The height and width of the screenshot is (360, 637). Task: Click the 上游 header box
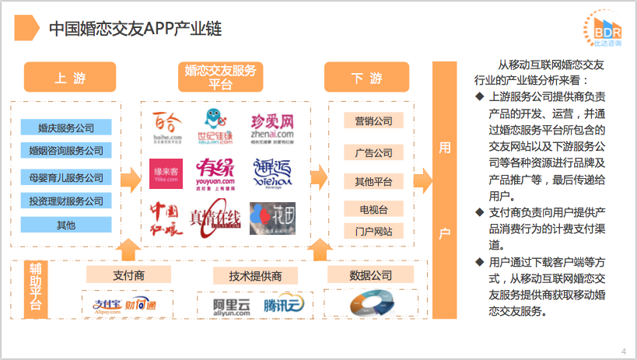70,78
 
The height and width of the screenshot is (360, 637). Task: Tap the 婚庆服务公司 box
66,128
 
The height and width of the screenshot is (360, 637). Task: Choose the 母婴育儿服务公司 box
66,177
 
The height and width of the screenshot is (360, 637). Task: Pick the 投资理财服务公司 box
66,201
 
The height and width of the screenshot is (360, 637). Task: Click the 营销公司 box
373,121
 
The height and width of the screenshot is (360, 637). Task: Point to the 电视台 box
373,209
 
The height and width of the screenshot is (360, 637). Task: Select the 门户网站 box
373,232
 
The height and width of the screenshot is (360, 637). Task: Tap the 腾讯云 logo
282,305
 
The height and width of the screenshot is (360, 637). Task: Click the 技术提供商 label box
255,275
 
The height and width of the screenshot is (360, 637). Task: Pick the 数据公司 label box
371,275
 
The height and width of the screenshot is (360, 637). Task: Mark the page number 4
624,351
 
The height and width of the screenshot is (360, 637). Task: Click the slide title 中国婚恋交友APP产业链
135,29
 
